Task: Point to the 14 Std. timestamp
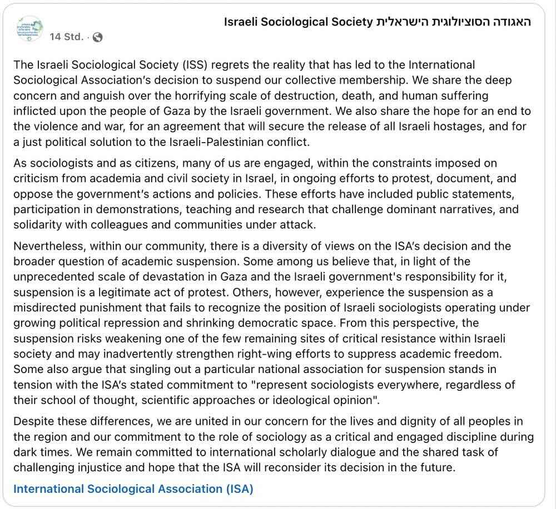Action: (66, 37)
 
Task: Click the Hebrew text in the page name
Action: (454, 22)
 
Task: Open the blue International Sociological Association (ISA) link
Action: (133, 489)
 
